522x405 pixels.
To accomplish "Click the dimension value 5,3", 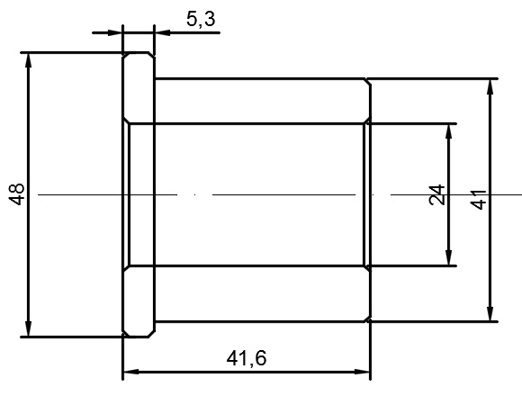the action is tap(201, 19).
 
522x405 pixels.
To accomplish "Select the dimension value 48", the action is tap(16, 194).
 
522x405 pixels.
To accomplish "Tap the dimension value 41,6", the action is tap(247, 359).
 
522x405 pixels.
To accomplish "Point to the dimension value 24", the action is tap(437, 194).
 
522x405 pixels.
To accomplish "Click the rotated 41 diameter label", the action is tap(479, 200).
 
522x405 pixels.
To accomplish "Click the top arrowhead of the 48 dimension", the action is tap(28, 60).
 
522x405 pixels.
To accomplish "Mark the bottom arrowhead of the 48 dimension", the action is tap(28, 329).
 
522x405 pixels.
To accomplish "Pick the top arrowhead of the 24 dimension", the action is tap(449, 131).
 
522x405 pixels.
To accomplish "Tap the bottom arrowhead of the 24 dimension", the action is tap(449, 258).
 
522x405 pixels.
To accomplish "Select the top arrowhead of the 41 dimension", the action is tap(490, 86).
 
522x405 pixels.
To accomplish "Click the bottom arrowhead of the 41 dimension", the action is tap(490, 314).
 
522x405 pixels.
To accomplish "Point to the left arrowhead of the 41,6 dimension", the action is tap(130, 372).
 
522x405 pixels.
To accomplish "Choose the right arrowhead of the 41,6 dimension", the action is tap(362, 372).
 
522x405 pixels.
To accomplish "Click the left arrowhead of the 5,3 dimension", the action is tap(115, 32).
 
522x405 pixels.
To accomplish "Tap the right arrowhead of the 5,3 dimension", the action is tap(163, 32).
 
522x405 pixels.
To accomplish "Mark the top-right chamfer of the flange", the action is tap(151, 55).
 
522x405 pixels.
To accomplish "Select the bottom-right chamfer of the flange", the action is tap(151, 334).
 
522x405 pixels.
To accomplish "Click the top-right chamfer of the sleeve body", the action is tap(368, 82).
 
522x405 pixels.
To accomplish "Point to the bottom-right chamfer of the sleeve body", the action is tap(368, 319).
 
